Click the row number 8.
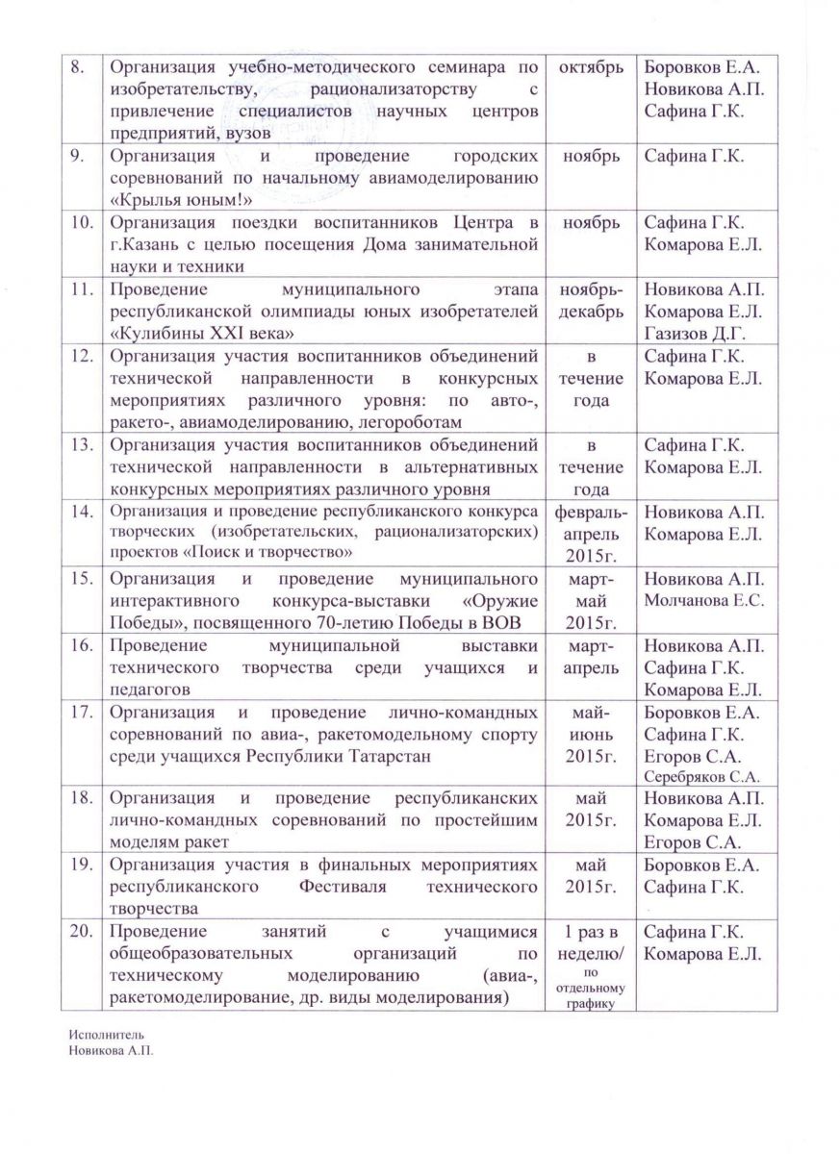point(79,68)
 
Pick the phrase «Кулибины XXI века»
point(201,331)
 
